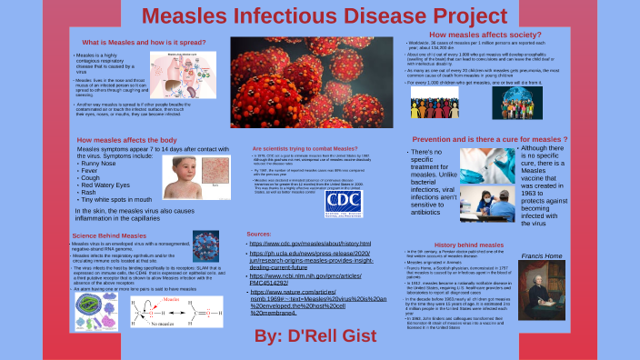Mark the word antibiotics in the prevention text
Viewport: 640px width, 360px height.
[432, 213]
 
